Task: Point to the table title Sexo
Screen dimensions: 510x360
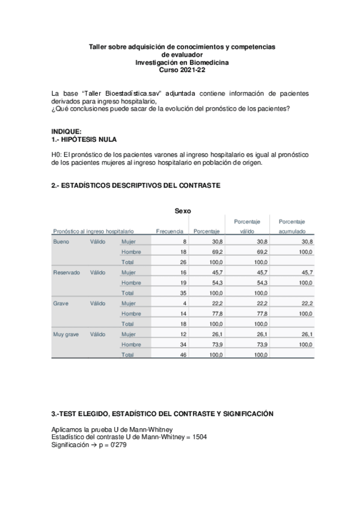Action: [x=183, y=210]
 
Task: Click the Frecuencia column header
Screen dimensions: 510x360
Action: [x=169, y=231]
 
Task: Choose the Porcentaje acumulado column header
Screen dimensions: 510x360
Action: [x=291, y=231]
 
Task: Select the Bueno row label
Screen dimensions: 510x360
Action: [x=61, y=241]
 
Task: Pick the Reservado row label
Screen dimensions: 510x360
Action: [x=66, y=272]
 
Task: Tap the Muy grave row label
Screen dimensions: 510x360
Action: [x=66, y=334]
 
